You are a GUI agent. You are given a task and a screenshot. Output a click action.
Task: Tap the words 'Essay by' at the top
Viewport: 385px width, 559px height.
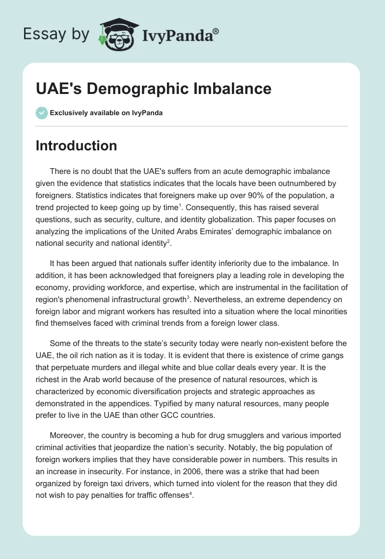tap(56, 34)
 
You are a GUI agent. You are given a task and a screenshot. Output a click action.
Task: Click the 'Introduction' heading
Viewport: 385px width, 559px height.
tap(76, 146)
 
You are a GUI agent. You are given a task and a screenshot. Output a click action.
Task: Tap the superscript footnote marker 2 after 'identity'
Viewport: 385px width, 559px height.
tap(168, 240)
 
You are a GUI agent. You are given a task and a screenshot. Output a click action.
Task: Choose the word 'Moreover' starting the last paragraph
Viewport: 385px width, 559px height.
tap(66, 435)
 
